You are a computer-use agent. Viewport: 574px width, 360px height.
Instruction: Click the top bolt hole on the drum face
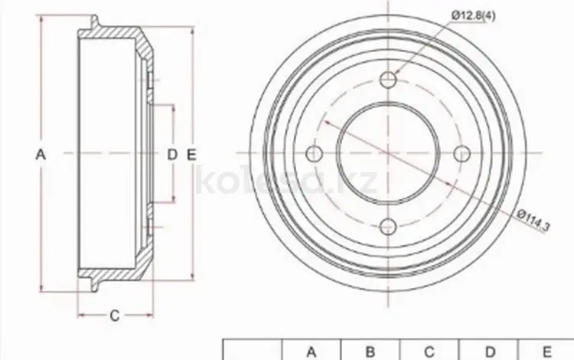pos(388,79)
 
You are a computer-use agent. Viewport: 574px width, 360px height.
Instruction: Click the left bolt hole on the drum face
pos(314,153)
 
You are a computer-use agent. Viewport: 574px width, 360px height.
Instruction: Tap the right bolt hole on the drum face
pos(462,153)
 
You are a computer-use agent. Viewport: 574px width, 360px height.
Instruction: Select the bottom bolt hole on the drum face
pos(388,227)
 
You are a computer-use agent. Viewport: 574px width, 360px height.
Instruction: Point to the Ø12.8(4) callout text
pos(473,15)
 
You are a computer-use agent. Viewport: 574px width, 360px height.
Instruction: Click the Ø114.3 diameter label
pos(533,221)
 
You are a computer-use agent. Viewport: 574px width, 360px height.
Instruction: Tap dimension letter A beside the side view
pos(41,154)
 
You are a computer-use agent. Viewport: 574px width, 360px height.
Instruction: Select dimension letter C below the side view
pos(115,316)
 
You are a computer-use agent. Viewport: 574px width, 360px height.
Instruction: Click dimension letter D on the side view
pos(172,155)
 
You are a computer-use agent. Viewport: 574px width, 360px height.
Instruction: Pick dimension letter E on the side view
pos(191,155)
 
